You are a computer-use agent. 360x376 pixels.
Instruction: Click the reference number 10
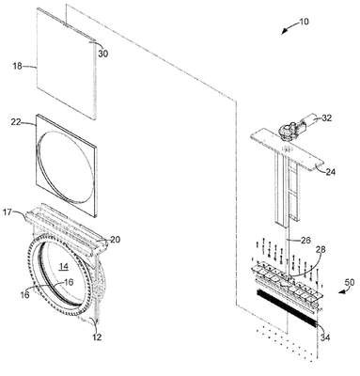click(x=304, y=22)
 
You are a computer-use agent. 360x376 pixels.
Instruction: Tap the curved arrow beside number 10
click(x=289, y=27)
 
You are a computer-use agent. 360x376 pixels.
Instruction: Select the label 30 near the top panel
click(x=102, y=54)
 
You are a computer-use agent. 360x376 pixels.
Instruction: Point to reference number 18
click(x=17, y=66)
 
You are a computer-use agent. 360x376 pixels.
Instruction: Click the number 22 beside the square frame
click(x=16, y=122)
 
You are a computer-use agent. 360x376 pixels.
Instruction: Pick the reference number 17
click(x=8, y=212)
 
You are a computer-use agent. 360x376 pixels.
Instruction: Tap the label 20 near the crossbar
click(x=115, y=240)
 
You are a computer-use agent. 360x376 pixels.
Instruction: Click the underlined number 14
click(x=64, y=266)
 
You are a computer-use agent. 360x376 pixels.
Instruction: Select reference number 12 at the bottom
click(x=97, y=337)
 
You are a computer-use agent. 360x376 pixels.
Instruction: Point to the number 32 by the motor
click(x=327, y=117)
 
